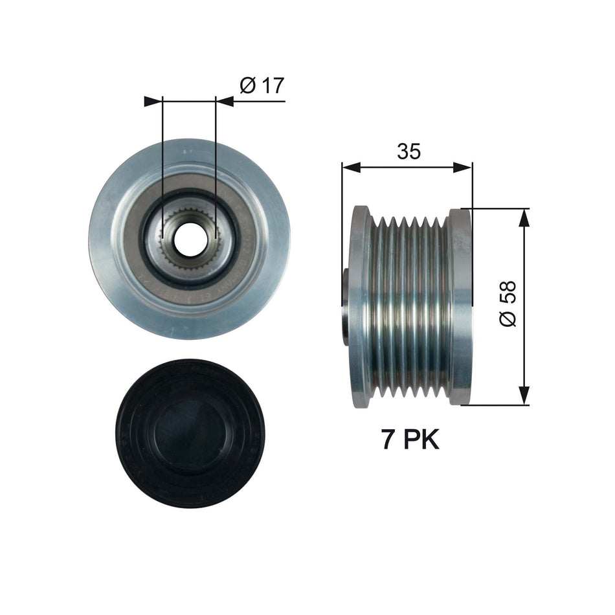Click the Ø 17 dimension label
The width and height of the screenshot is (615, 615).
click(262, 85)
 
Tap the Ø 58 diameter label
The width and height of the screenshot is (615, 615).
click(508, 304)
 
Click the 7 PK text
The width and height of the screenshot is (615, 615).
click(410, 440)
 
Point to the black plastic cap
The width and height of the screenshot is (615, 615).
click(189, 434)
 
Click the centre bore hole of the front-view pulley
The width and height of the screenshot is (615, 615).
click(190, 240)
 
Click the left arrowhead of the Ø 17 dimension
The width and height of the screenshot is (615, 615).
click(151, 101)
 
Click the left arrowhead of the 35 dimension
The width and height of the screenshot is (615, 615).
click(350, 168)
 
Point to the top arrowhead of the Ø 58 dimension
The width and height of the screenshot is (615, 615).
click(524, 217)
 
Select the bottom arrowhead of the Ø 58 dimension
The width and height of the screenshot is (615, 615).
click(524, 397)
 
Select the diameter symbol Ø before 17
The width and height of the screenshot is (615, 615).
click(248, 85)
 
